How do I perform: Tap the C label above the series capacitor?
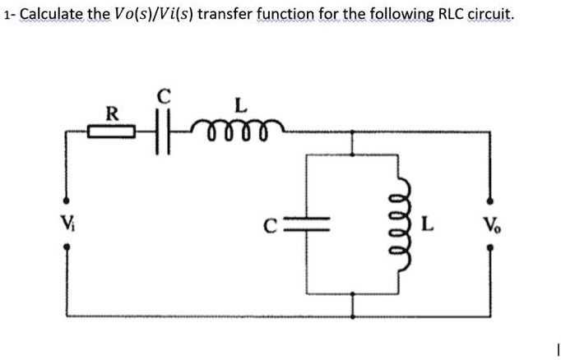click(164, 95)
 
